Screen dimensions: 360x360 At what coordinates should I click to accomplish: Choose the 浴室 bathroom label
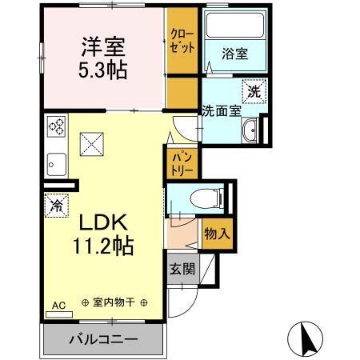click(x=235, y=55)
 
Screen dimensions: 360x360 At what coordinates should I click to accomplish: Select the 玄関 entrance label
click(x=181, y=270)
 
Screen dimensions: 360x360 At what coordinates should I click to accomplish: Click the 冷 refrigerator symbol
click(x=57, y=205)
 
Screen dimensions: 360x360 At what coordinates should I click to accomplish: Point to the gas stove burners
click(x=58, y=125)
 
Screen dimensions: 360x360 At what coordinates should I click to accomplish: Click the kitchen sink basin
click(x=56, y=166)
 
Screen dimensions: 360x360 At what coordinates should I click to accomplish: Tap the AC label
click(x=58, y=305)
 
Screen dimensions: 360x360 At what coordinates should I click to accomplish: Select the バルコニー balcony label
click(x=102, y=339)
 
